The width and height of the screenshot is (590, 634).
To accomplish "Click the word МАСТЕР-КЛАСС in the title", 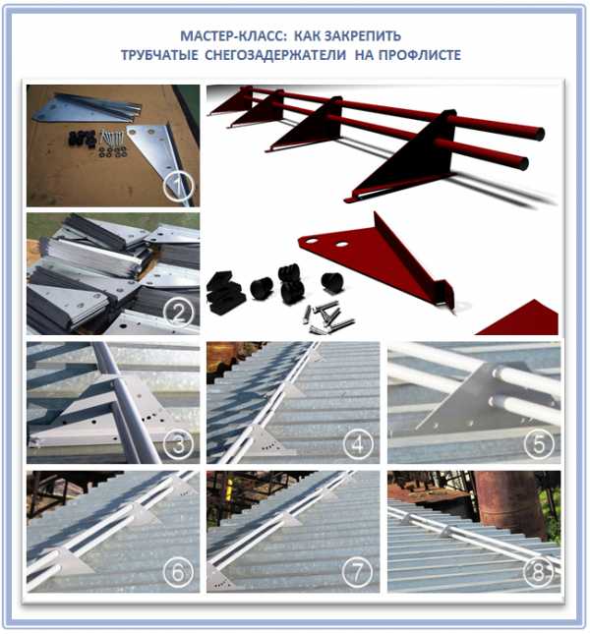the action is pyautogui.click(x=234, y=36).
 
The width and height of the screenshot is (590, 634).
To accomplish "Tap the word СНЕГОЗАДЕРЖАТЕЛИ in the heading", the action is pyautogui.click(x=275, y=55).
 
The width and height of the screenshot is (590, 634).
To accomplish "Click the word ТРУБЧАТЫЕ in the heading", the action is pyautogui.click(x=159, y=55).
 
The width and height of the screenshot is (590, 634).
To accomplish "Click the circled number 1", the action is pyautogui.click(x=178, y=187).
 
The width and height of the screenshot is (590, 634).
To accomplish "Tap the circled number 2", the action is pyautogui.click(x=178, y=313).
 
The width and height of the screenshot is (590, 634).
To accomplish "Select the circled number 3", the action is pyautogui.click(x=178, y=444).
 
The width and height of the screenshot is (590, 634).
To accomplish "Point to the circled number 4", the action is pyautogui.click(x=358, y=444).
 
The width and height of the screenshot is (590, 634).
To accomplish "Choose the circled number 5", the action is pyautogui.click(x=539, y=444).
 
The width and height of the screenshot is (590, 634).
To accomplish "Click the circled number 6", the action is pyautogui.click(x=178, y=572).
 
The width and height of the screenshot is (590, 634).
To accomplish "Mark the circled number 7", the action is pyautogui.click(x=358, y=572).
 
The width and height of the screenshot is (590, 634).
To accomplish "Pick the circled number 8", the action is pyautogui.click(x=539, y=572).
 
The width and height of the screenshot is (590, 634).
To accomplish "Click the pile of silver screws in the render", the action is pyautogui.click(x=328, y=317).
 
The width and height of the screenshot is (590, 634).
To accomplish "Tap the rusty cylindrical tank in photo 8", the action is pyautogui.click(x=506, y=501).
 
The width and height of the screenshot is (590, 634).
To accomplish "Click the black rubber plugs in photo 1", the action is pyautogui.click(x=82, y=140).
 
